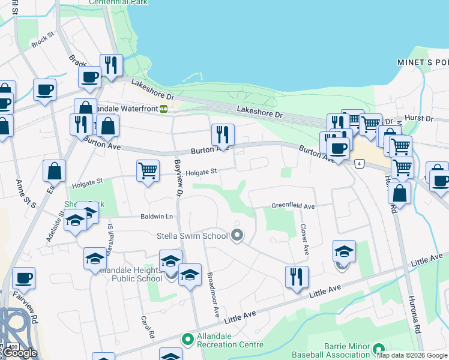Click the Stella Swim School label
[x=192, y=236]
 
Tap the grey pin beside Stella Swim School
[x=237, y=236]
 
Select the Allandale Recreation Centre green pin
[x=188, y=340]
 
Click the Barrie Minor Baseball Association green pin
[x=378, y=349]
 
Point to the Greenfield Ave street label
[x=293, y=206]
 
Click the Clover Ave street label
[x=304, y=239]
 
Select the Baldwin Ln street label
[x=157, y=216]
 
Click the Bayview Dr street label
[x=178, y=178]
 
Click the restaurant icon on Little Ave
[x=297, y=277]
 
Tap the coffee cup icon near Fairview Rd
[x=23, y=278]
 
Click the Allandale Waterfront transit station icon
[x=163, y=109]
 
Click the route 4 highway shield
[x=359, y=163]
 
